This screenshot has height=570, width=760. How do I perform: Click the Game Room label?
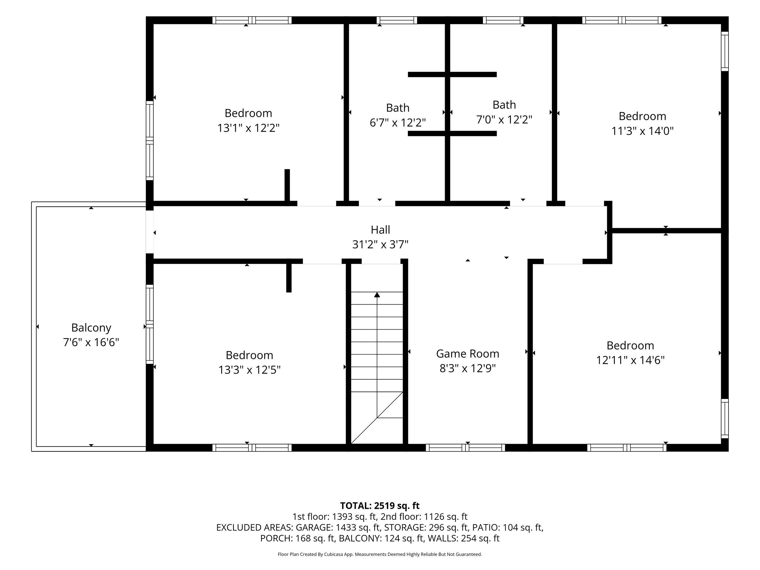point(468,354)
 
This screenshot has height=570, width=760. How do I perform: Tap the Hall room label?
point(380,229)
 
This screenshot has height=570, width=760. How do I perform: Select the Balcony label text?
point(91,328)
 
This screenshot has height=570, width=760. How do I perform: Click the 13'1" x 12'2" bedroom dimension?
point(248,128)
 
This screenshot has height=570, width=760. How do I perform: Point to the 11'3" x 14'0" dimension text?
point(642,131)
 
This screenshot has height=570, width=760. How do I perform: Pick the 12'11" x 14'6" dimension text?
point(631,360)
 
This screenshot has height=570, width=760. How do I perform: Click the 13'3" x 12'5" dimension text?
point(249,370)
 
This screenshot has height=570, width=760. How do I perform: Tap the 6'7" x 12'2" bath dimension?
point(398,122)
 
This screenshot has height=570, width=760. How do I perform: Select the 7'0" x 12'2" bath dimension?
point(504,120)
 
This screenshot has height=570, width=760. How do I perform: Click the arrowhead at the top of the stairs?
point(377,294)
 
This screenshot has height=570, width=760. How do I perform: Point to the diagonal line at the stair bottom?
point(377,417)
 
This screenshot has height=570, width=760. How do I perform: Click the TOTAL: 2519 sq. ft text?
point(380,506)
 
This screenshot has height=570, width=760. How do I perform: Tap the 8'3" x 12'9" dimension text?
point(468,368)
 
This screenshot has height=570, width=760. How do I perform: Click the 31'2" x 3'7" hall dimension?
point(380,244)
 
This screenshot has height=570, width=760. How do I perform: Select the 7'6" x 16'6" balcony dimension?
point(91,342)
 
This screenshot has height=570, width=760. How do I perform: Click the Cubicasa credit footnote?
point(380,554)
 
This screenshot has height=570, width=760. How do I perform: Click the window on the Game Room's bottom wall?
point(465,448)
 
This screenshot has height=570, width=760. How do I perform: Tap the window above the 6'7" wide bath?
point(397,20)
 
